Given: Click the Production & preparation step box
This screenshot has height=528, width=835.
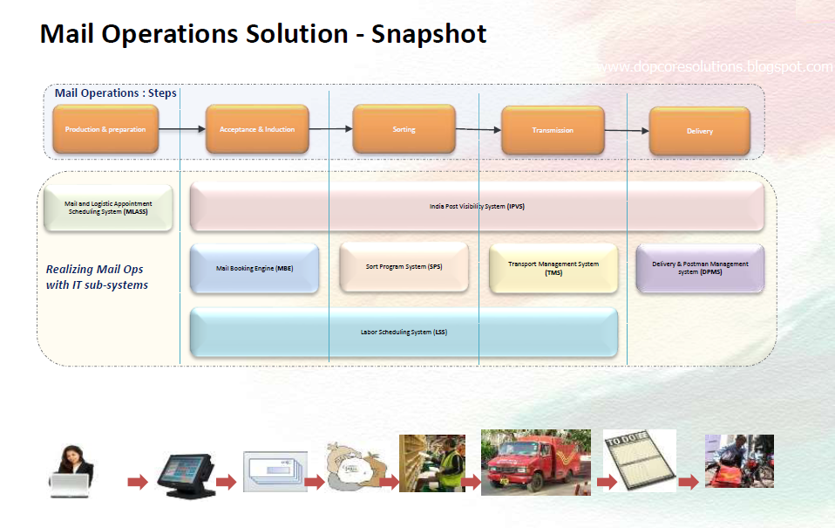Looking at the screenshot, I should (x=105, y=129).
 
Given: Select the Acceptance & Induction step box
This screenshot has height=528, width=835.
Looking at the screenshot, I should (x=257, y=129).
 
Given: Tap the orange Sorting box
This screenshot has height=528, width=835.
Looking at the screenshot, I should (x=404, y=129).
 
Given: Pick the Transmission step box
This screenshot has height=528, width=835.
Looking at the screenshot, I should (x=553, y=130).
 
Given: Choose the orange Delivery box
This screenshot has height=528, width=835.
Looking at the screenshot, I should (x=699, y=131).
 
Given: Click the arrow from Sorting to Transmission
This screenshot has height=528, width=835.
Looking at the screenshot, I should (x=479, y=130).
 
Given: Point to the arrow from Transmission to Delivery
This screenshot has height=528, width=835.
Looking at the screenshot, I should (x=627, y=131).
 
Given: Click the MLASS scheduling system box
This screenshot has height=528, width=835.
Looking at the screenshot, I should (x=108, y=208).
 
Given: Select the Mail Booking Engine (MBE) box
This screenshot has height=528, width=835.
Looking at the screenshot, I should (x=255, y=269).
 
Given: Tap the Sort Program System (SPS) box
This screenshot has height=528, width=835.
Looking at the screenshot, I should (x=404, y=267).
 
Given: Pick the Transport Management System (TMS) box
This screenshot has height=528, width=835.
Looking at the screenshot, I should (x=553, y=268).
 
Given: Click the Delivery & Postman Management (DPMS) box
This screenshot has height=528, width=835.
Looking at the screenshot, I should (x=700, y=268).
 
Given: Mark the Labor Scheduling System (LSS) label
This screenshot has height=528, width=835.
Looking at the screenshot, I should (x=404, y=333).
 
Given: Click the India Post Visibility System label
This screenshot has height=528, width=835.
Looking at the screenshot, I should (x=477, y=207).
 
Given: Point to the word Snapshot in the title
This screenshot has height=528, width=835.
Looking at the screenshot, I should (x=429, y=34).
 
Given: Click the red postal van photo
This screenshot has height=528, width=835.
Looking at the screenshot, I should (x=535, y=463).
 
